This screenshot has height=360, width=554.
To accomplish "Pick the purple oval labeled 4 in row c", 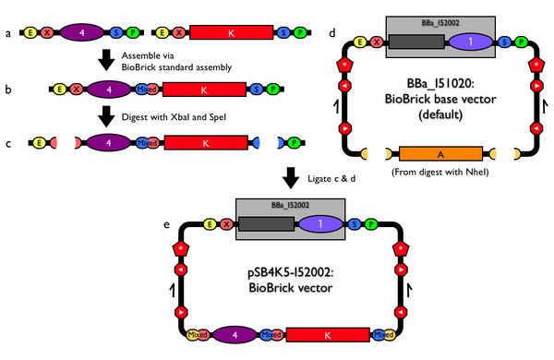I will (x=111, y=143).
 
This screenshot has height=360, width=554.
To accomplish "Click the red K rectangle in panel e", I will (x=328, y=334).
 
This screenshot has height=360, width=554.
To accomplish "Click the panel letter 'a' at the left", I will (x=8, y=33).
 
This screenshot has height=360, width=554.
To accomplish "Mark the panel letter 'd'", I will (x=332, y=34).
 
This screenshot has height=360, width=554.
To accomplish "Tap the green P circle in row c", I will (x=293, y=143).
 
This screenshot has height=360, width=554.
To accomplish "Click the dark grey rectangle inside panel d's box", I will (x=416, y=42).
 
